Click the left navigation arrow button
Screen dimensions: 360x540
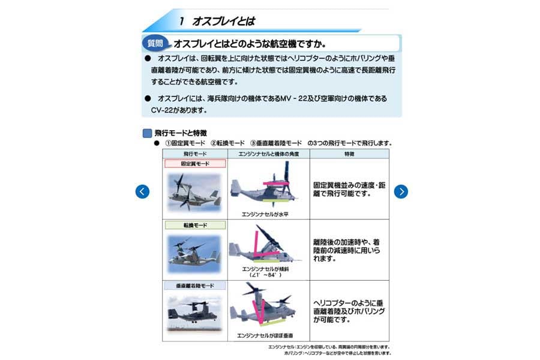(x=142, y=191)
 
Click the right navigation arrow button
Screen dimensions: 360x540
(x=401, y=191)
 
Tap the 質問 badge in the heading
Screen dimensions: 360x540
(x=154, y=44)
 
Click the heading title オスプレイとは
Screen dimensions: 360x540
(x=223, y=22)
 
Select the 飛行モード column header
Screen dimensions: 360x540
(x=194, y=154)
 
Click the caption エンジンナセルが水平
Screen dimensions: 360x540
(x=265, y=214)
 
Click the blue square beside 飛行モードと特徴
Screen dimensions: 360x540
(x=147, y=133)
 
